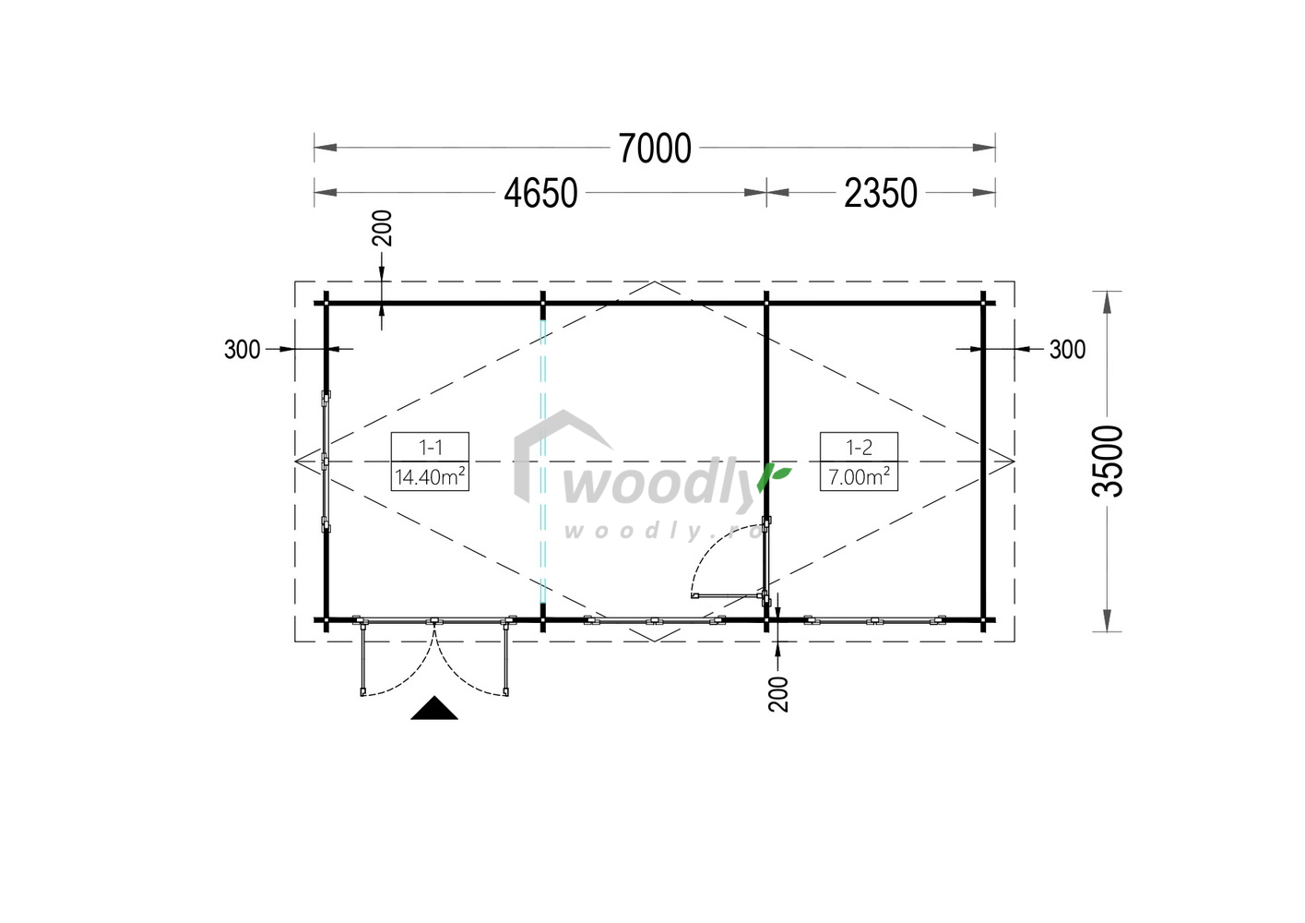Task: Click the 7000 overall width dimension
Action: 654,148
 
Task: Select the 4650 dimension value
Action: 540,193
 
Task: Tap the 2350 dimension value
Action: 880,193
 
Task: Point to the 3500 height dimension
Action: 1107,461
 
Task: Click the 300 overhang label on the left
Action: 243,349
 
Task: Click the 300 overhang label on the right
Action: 1067,349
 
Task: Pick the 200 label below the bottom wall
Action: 778,694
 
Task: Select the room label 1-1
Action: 431,448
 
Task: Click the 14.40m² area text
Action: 430,476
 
